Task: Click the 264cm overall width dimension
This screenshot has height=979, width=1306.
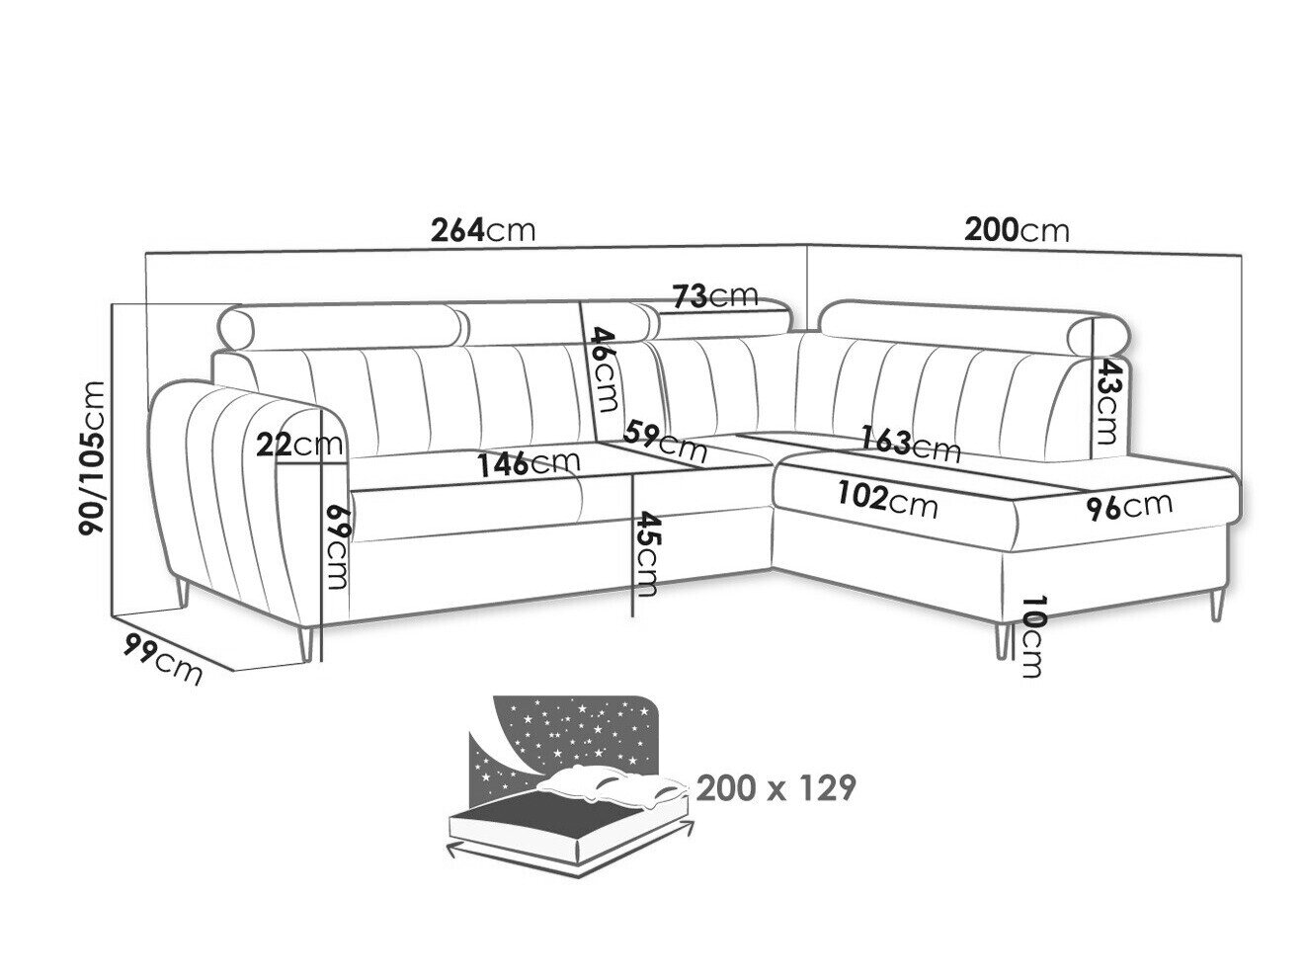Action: (x=482, y=231)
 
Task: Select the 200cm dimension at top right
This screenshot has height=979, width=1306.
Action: (x=1016, y=230)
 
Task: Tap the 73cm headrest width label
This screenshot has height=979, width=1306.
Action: (x=714, y=295)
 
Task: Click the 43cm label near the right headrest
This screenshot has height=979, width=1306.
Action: (x=1106, y=401)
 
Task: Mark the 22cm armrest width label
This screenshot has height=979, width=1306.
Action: (x=299, y=446)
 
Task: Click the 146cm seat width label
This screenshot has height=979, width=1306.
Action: (x=529, y=463)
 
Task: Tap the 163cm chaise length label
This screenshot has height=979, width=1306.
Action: (x=911, y=444)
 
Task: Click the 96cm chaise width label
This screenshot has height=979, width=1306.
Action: (x=1129, y=506)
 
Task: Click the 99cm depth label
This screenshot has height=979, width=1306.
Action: (x=162, y=659)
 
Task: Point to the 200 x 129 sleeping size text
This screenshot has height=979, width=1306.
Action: (x=775, y=787)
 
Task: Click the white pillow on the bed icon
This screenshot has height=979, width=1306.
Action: (x=612, y=788)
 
